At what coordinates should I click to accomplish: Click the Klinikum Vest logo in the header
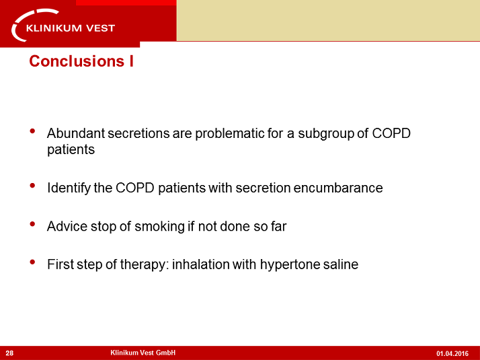65,25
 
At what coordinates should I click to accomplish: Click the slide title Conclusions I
81,61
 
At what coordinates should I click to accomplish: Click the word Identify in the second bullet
69,188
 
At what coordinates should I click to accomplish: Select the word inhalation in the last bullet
200,264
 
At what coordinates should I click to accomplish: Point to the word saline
341,264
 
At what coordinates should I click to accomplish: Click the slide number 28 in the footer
10,353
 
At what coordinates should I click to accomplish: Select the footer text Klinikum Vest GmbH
143,353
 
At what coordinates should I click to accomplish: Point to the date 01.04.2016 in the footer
452,353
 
